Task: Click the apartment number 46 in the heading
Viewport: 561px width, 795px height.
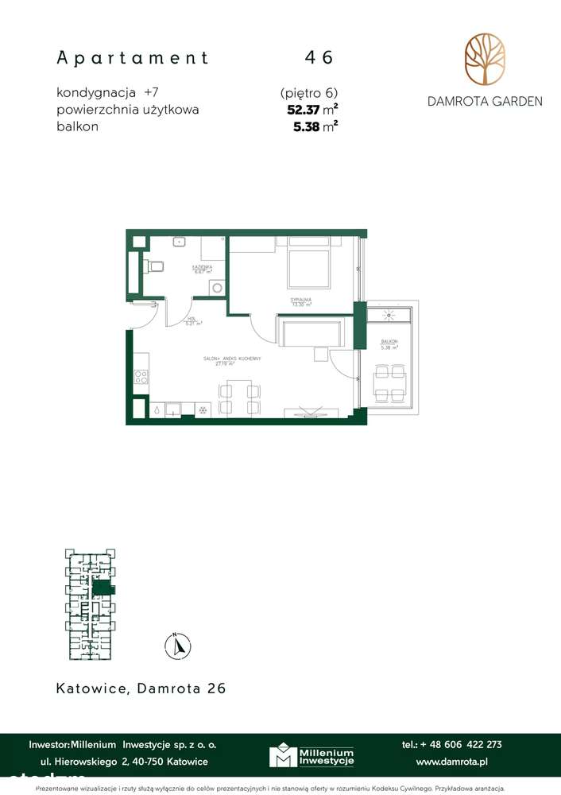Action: click(x=319, y=57)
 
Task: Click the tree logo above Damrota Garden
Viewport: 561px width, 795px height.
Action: click(x=484, y=61)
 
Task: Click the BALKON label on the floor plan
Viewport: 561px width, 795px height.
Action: click(x=389, y=343)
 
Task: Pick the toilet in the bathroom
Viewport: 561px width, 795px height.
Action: click(x=156, y=266)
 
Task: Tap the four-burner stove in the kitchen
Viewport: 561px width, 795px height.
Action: click(x=141, y=376)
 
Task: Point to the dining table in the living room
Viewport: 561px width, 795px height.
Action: click(x=239, y=398)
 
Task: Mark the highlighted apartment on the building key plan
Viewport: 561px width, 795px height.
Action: click(x=103, y=588)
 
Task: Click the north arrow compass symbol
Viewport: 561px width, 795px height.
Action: click(x=179, y=644)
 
